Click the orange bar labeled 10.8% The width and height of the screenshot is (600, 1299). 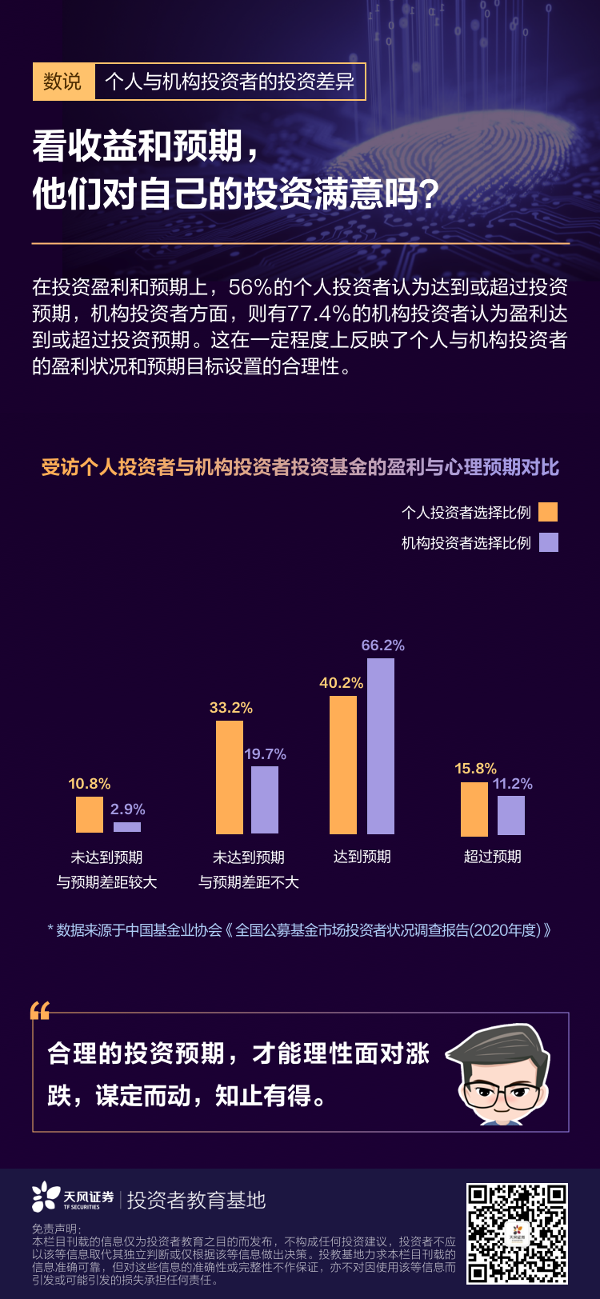(x=90, y=814)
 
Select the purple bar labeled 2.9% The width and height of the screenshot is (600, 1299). (x=127, y=827)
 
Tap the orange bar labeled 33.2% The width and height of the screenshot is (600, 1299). (x=230, y=777)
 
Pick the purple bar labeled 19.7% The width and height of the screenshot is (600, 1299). (x=265, y=800)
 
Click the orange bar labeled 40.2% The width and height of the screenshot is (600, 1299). (x=343, y=765)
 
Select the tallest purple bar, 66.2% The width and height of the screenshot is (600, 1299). (x=381, y=745)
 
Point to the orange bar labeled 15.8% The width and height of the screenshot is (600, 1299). (x=474, y=809)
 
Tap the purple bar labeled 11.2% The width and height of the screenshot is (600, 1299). (x=511, y=815)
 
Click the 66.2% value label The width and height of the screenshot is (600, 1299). (x=383, y=646)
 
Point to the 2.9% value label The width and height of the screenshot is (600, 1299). (x=128, y=809)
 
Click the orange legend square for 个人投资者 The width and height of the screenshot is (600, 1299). (x=548, y=512)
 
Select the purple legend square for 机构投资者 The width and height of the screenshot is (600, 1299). (x=548, y=542)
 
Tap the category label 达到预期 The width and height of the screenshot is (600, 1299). (x=362, y=857)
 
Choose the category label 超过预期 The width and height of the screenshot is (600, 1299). (x=493, y=857)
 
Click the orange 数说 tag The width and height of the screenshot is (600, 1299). (x=63, y=82)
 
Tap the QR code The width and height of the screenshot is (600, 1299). (x=517, y=1233)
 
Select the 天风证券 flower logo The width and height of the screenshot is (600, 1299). (x=46, y=1197)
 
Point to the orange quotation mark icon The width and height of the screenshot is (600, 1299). (x=40, y=1011)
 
